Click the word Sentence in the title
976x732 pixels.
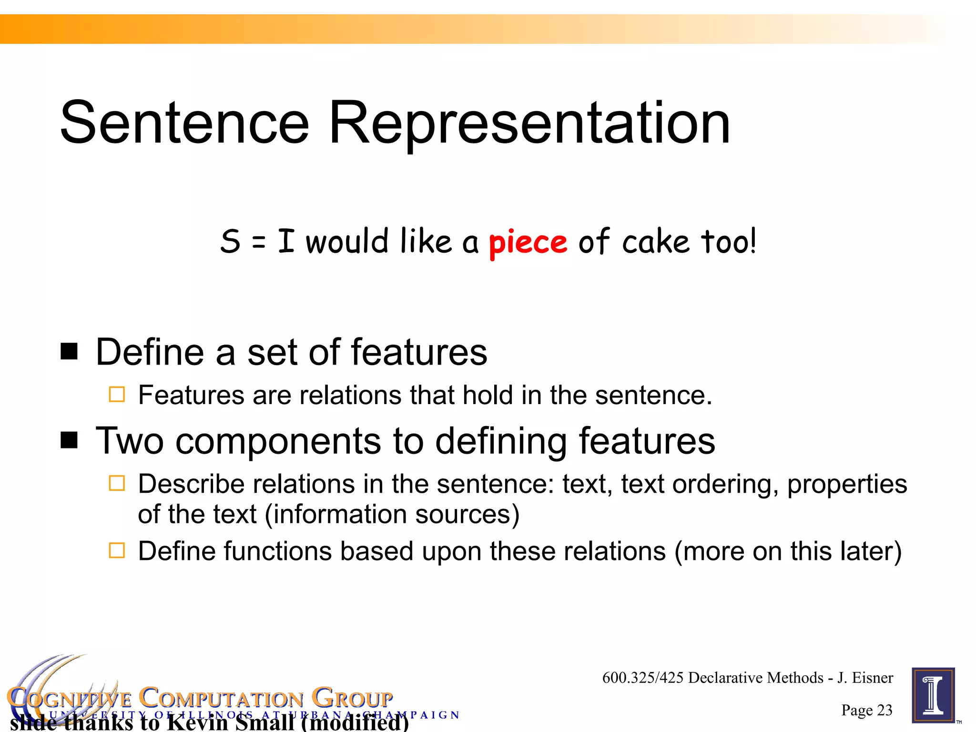click(x=185, y=123)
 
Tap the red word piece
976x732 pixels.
click(x=528, y=243)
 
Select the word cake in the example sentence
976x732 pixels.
click(x=656, y=242)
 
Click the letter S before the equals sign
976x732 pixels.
click(x=230, y=242)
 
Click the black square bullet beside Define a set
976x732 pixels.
click(x=69, y=352)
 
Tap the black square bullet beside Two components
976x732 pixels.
click(x=69, y=440)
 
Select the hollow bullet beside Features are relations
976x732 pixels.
click(x=117, y=395)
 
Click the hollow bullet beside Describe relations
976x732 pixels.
click(x=117, y=483)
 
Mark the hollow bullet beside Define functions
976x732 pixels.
click(x=117, y=550)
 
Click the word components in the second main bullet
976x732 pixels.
click(x=278, y=441)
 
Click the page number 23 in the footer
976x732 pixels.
click(x=884, y=710)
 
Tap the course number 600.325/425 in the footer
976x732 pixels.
click(x=643, y=678)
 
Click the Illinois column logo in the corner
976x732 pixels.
click(x=933, y=695)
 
